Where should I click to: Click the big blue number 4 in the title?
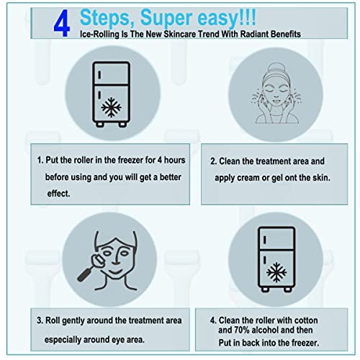point(62,22)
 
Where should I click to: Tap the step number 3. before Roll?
point(41,320)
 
